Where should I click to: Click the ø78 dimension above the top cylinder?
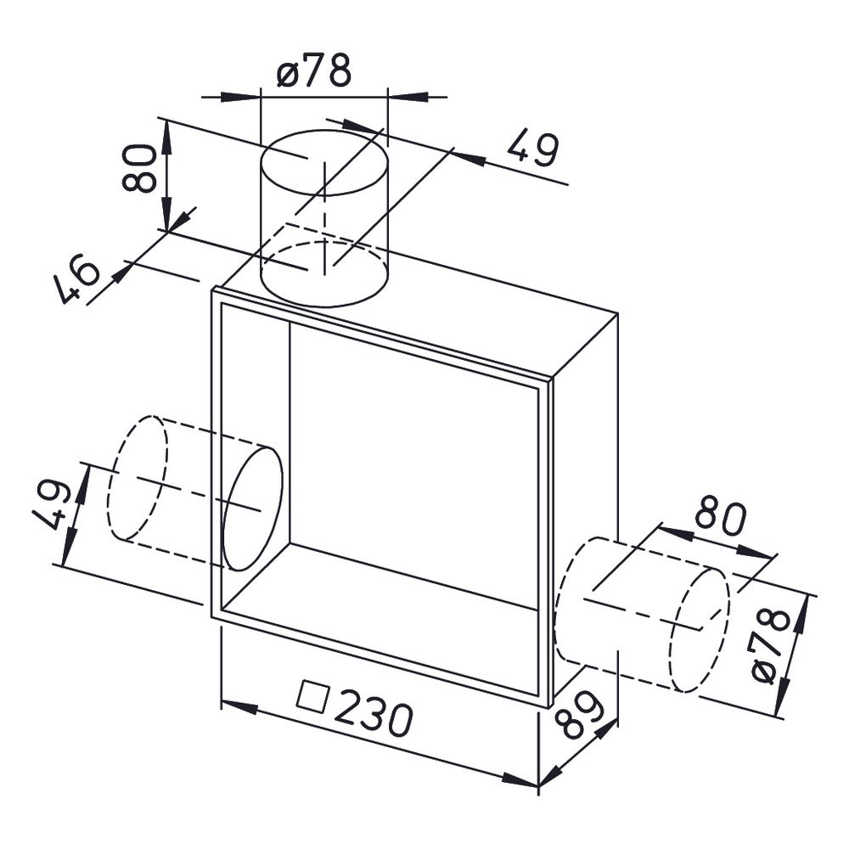(313, 70)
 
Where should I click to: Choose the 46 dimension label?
(77, 278)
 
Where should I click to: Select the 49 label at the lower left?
(51, 504)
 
